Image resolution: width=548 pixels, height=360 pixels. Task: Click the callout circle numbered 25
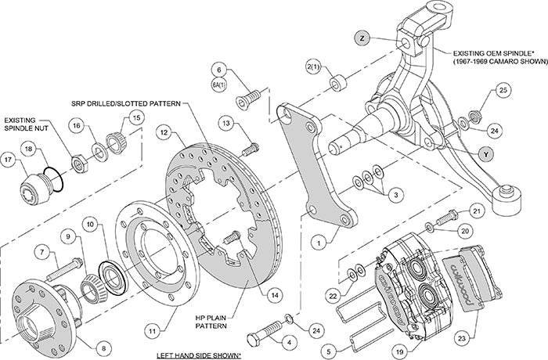pos(503,92)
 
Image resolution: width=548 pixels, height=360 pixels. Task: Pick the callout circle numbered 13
pos(225,123)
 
